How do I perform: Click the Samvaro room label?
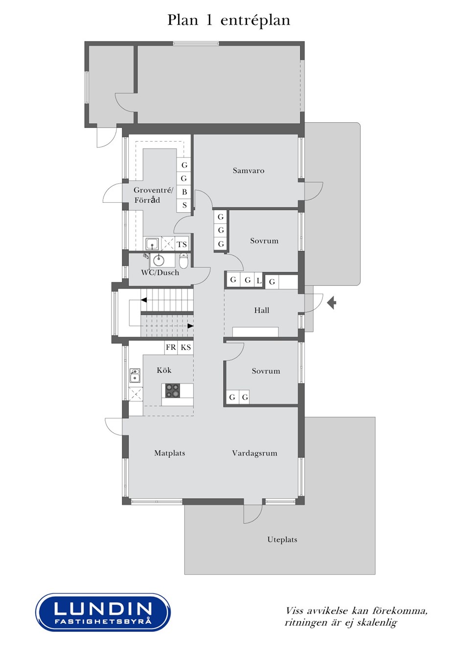[x=249, y=171]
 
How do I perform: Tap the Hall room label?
[x=261, y=310]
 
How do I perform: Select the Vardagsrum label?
[x=254, y=453]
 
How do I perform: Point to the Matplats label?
[x=170, y=453]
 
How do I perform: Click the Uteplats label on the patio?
[x=282, y=540]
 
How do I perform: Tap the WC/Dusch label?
[x=160, y=273]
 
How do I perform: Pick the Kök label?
[x=164, y=370]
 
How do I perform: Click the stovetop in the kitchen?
[x=173, y=390]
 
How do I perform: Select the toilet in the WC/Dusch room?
[x=184, y=260]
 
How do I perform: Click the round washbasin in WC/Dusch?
[x=159, y=260]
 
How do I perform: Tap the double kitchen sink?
[x=135, y=376]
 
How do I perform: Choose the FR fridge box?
[x=171, y=347]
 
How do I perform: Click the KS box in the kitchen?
[x=185, y=347]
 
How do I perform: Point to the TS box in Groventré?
[x=182, y=244]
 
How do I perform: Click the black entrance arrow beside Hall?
[x=332, y=303]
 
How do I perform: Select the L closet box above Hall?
[x=258, y=281]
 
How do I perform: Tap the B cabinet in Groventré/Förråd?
[x=184, y=192]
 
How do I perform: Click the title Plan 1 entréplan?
[x=229, y=21]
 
